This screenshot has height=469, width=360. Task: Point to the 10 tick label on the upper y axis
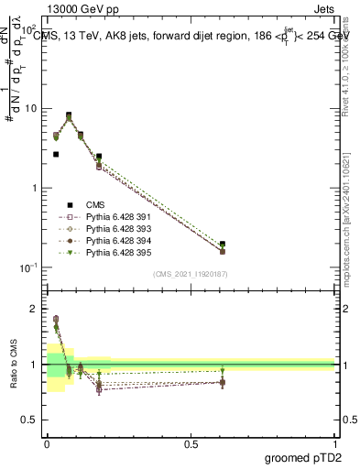point(30,108)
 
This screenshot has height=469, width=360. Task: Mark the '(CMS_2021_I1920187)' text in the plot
point(190,274)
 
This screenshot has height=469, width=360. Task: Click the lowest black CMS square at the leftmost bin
point(56,155)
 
